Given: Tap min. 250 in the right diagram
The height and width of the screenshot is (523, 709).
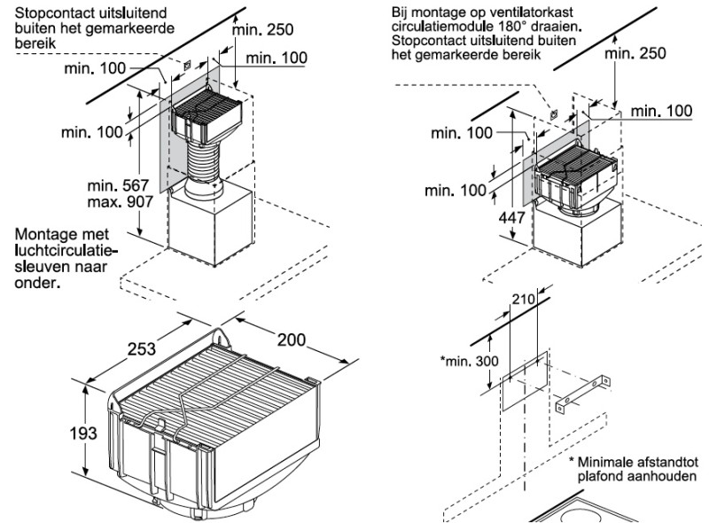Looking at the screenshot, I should tap(634, 53).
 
